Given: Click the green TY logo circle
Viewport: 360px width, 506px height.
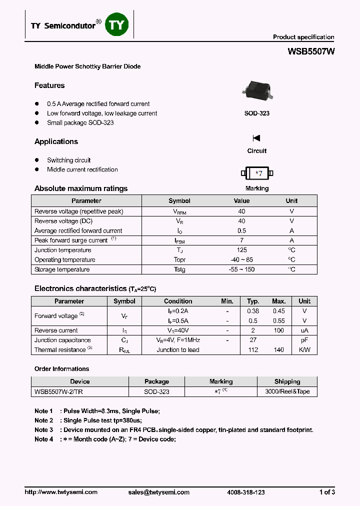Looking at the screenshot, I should click(x=116, y=25).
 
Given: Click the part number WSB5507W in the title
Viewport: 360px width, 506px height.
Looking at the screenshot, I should click(x=311, y=51).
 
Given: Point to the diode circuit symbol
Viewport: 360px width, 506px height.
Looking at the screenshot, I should click(x=256, y=138).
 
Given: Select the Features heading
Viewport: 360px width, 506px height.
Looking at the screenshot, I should click(x=49, y=85).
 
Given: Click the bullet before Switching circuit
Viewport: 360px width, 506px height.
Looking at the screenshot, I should click(x=36, y=160).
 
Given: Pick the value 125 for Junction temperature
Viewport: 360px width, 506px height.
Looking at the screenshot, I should click(x=241, y=250).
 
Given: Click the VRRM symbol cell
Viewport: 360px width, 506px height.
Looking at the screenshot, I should click(x=179, y=211).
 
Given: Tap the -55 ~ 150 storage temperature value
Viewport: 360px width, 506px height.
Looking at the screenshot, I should click(x=241, y=269).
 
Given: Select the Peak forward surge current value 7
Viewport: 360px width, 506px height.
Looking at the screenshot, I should click(x=241, y=240).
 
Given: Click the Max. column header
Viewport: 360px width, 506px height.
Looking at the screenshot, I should click(x=278, y=301).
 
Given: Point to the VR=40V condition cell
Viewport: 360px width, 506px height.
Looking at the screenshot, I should click(x=178, y=330).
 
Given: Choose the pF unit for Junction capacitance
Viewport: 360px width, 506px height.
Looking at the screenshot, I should click(x=304, y=340).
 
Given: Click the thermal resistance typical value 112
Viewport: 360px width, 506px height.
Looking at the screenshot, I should click(x=253, y=350).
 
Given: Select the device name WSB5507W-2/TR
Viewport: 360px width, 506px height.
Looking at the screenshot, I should click(x=58, y=391).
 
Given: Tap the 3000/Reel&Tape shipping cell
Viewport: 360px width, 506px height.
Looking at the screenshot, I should click(x=287, y=391).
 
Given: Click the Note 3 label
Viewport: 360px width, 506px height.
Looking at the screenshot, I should click(x=43, y=430).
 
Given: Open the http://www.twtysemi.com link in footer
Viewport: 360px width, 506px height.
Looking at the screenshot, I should click(x=61, y=492).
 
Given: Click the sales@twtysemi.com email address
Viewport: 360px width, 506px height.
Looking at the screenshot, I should click(x=158, y=492).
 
